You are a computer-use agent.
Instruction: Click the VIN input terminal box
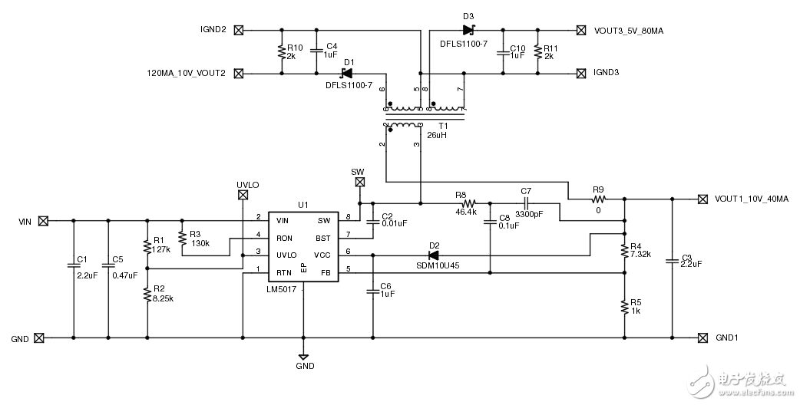coord(44,221)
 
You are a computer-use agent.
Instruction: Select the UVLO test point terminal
coord(243,196)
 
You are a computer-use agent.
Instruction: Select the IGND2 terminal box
coord(238,31)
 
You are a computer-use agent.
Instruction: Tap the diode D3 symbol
coord(468,31)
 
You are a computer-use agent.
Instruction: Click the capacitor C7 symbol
coord(526,204)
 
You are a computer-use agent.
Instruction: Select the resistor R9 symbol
coord(598,199)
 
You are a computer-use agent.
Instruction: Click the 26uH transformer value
coord(437,135)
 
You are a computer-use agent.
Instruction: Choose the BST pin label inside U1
coord(322,237)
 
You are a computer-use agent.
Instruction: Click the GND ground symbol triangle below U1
coord(303,357)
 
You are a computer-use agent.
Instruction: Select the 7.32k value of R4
coord(641,254)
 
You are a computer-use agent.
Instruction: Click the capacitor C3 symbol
coord(673,262)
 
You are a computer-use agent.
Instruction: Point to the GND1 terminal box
coord(702,337)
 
